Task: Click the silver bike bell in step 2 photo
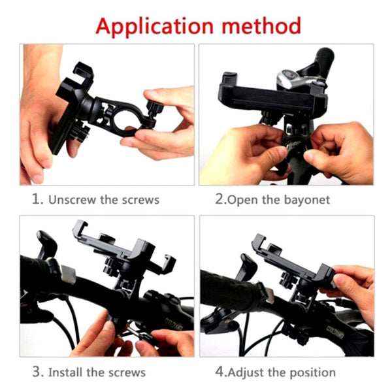coord(294,79)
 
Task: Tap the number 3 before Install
coord(37,372)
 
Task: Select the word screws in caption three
coord(127,373)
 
